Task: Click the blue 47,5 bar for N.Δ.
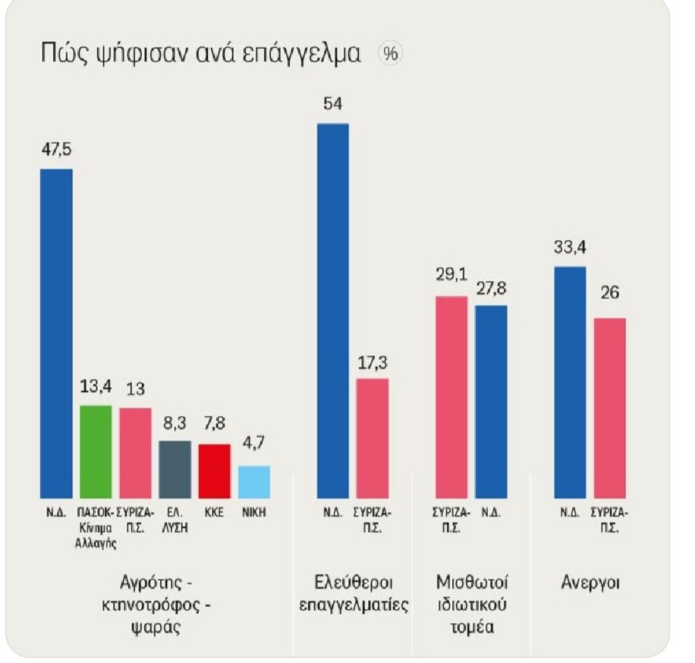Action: point(57,332)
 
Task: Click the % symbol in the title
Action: point(391,54)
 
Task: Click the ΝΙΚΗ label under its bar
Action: point(253,512)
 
